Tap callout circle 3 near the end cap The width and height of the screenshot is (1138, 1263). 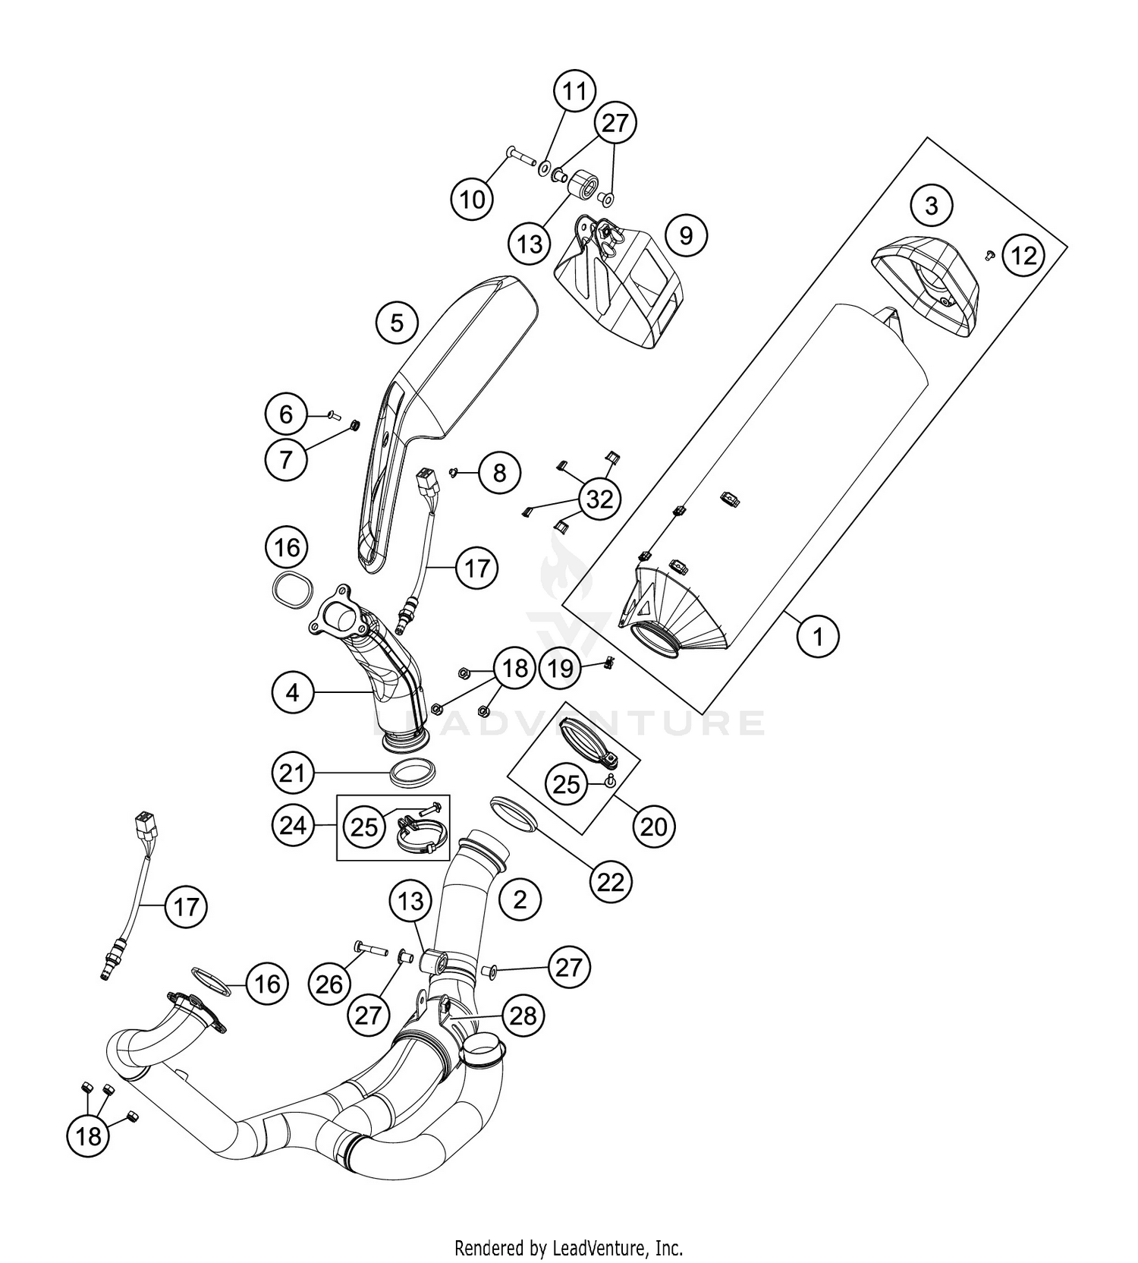[932, 205]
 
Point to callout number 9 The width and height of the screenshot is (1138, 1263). [685, 235]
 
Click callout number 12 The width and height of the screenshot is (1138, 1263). [1023, 256]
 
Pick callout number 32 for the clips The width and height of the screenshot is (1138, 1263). [599, 499]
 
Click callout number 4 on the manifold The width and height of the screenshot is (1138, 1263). [294, 691]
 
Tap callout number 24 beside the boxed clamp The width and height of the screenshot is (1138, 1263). [294, 826]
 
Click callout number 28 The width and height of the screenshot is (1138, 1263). [523, 1016]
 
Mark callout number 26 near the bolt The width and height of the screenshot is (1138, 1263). [329, 984]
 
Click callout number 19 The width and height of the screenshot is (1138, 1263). [561, 669]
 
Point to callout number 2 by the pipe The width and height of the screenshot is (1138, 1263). [520, 899]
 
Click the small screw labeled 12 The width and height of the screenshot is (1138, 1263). [989, 256]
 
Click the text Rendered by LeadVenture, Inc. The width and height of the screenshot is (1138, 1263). [568, 1247]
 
